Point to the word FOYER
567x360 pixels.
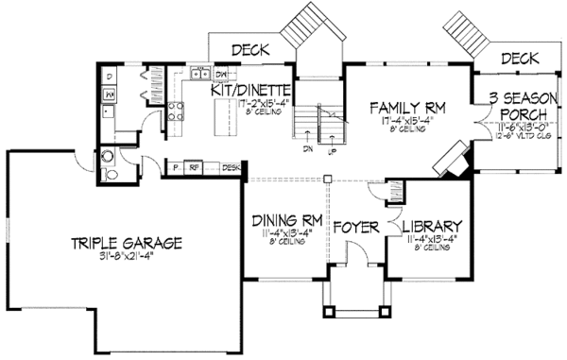click(356, 227)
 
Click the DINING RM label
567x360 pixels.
click(288, 221)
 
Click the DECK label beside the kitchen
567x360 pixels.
click(249, 49)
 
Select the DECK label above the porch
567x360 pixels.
click(520, 59)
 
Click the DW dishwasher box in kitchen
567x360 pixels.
click(221, 74)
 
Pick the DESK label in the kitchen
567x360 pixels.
click(230, 168)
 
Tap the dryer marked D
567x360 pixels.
click(110, 75)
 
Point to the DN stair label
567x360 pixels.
click(307, 148)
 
